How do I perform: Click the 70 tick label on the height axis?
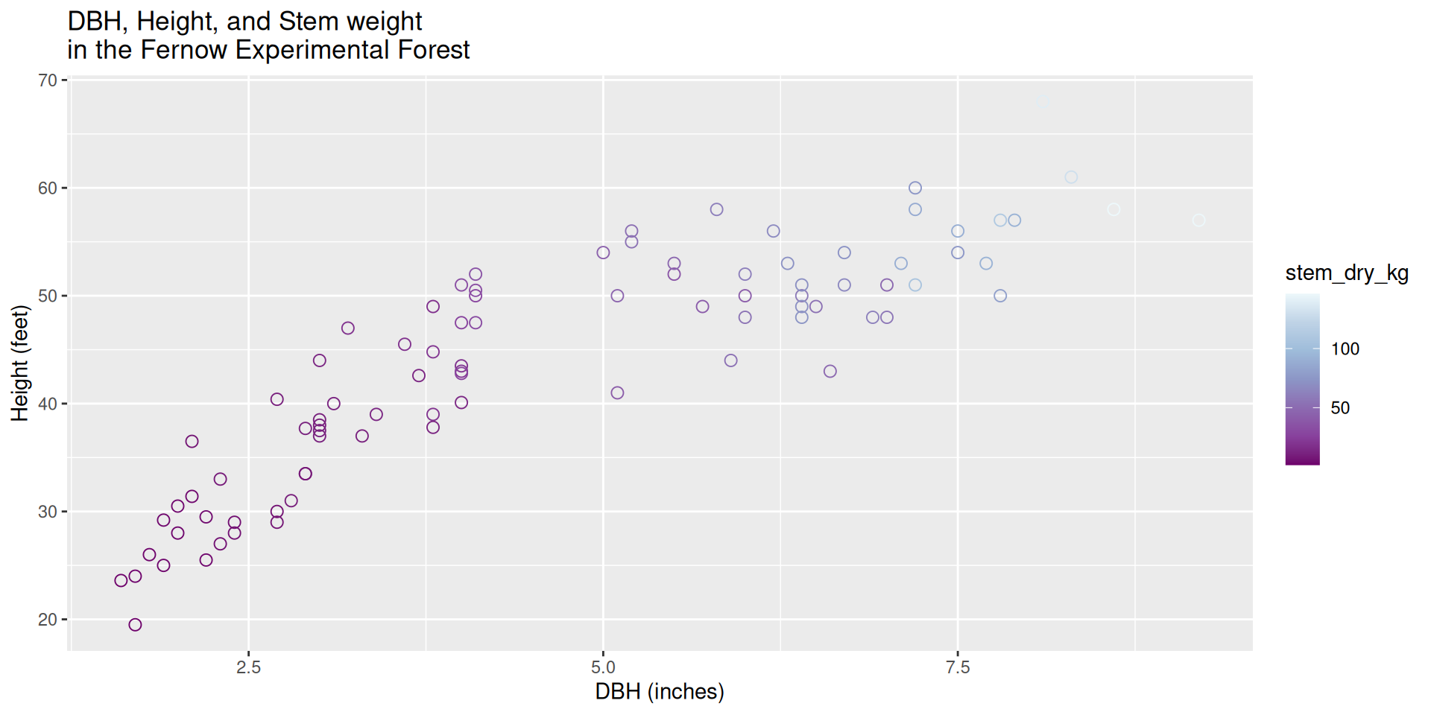48,80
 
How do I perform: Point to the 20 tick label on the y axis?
48,620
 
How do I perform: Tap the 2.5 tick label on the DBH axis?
248,667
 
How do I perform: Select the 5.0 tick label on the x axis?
603,667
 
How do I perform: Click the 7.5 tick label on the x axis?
958,667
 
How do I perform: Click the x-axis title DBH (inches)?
659,692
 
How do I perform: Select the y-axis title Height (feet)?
20,363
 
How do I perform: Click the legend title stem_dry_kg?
1346,273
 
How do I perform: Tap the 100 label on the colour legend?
1345,349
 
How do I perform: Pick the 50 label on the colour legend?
1339,408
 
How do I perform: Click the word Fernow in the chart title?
183,50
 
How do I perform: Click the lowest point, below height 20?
135,625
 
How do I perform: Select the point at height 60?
915,188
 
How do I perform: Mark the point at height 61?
1071,177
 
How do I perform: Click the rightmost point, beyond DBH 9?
1198,220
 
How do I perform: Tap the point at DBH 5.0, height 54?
603,252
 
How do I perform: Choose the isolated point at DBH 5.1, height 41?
617,393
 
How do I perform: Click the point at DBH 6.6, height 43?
830,371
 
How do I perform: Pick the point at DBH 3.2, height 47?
348,328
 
